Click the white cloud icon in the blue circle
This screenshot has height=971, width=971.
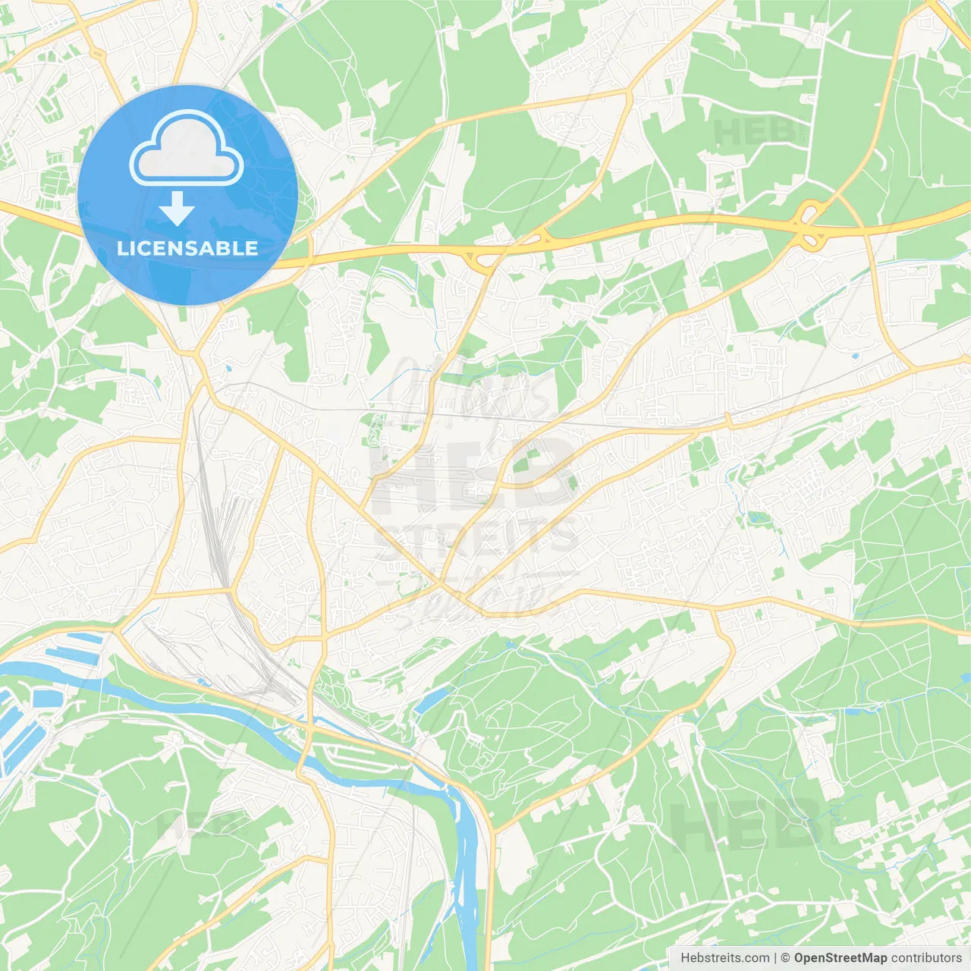coord(187,149)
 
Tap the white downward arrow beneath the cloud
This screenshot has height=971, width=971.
coord(177,209)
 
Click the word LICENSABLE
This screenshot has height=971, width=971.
coord(187,248)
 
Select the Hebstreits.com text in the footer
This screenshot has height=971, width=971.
coord(724,958)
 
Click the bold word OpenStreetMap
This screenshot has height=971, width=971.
coord(840,958)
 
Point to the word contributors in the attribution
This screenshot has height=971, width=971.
coord(926,958)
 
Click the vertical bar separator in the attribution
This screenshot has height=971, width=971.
coord(775,958)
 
